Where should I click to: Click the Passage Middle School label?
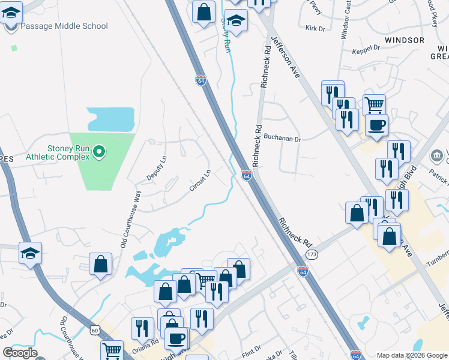pyautogui.click(x=64, y=26)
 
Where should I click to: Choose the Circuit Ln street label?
pyautogui.click(x=200, y=181)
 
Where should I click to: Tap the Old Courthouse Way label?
pyautogui.click(x=130, y=219)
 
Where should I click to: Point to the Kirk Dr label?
pyautogui.click(x=315, y=28)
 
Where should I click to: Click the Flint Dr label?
pyautogui.click(x=251, y=349)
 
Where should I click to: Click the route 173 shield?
pyautogui.click(x=311, y=255)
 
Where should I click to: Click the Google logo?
pyautogui.click(x=19, y=353)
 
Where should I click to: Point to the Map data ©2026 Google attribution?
pyautogui.click(x=411, y=355)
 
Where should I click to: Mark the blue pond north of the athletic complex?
pyautogui.click(x=110, y=119)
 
